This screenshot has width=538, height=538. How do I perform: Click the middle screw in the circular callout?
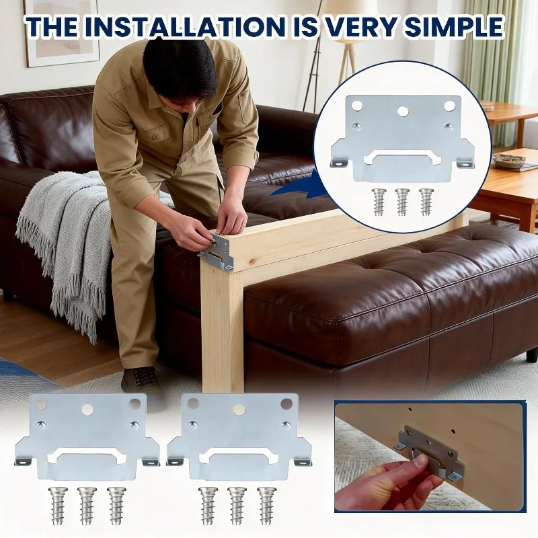[402, 201]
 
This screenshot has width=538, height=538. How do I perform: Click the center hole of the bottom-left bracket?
[88, 409]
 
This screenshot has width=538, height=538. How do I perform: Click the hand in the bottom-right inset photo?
[377, 484]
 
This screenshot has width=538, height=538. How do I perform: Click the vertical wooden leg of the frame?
[222, 323]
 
